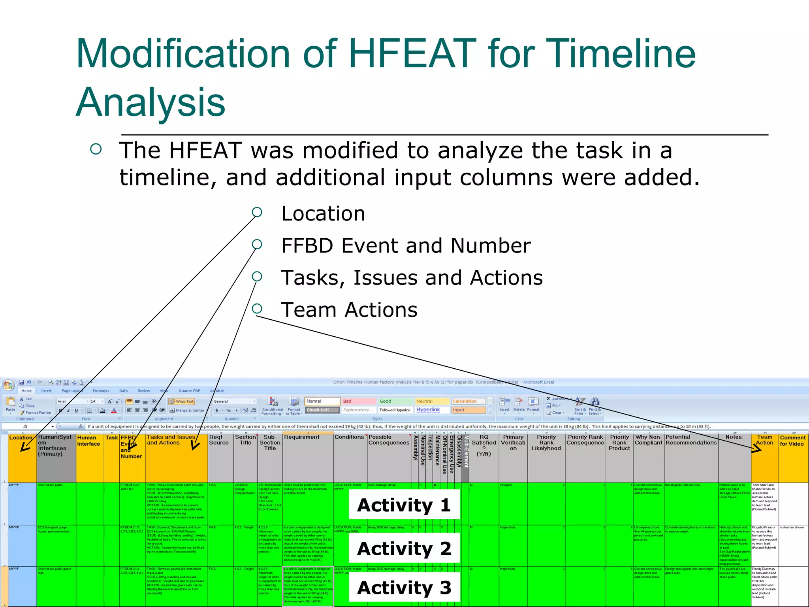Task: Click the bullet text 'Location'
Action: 323,214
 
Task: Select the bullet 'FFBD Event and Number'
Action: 406,246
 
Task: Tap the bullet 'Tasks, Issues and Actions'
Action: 412,278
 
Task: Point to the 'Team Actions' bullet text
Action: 349,310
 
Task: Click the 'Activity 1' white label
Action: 404,505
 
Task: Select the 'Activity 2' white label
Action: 404,548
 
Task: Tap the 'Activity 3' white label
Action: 404,588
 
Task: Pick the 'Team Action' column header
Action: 764,440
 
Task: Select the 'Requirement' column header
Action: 302,437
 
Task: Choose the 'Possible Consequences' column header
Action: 388,440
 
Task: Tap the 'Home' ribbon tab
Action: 26,391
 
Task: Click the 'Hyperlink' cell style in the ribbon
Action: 428,410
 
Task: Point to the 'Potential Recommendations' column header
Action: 690,440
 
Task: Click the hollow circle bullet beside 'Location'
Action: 257,212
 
